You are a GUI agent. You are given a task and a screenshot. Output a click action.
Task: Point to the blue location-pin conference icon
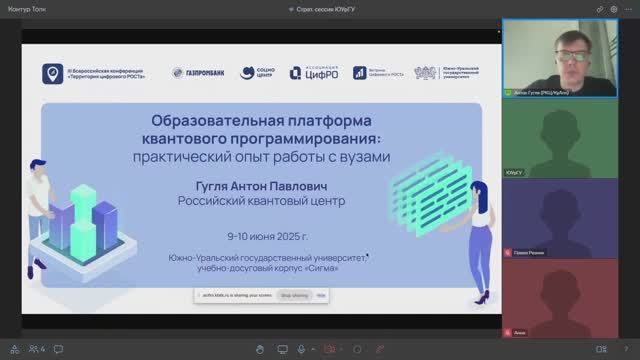51,73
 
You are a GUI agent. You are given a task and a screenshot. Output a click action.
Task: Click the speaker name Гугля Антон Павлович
267,185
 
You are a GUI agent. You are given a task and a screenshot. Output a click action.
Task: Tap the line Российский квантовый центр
267,200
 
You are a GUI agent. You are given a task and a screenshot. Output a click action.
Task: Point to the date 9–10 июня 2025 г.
267,237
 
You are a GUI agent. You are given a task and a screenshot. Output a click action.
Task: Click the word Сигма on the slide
346,267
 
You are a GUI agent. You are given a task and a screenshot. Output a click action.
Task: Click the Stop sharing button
294,296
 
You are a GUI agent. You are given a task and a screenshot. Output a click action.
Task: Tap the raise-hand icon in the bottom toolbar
259,348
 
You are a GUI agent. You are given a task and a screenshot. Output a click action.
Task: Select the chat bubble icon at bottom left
13,348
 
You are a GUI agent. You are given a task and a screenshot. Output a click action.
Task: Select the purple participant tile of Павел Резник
565,219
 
